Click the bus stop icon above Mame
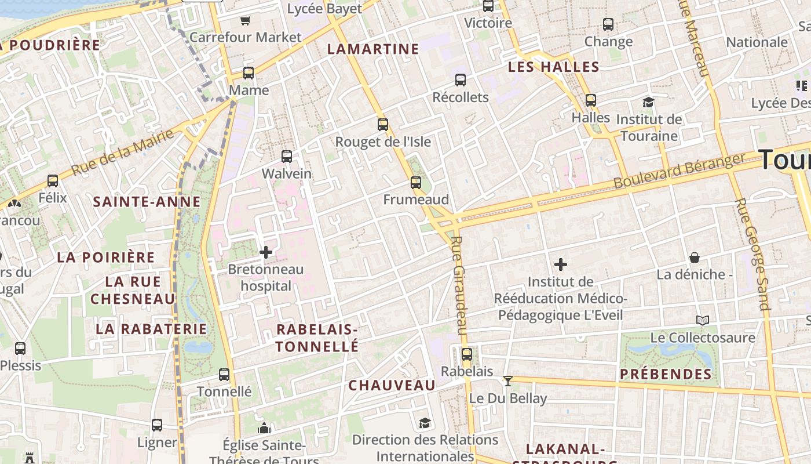(x=249, y=73)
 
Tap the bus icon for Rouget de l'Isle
(x=383, y=124)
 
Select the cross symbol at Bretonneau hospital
(x=266, y=252)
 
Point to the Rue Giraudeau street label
(x=458, y=285)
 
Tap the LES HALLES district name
(x=553, y=67)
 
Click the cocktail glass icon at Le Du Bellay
(x=508, y=381)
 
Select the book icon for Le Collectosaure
(x=702, y=320)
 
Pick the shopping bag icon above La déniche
(x=694, y=258)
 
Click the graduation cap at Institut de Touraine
(x=648, y=103)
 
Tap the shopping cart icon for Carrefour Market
(x=245, y=21)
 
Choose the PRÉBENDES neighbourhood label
(x=666, y=374)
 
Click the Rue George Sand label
(x=751, y=254)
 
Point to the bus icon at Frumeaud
(x=416, y=183)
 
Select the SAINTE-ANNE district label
(x=147, y=202)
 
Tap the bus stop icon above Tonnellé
(x=224, y=375)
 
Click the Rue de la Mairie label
(x=122, y=153)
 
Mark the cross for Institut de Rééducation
(x=560, y=265)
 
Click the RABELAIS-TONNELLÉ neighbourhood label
(x=317, y=338)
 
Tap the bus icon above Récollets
(x=461, y=80)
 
